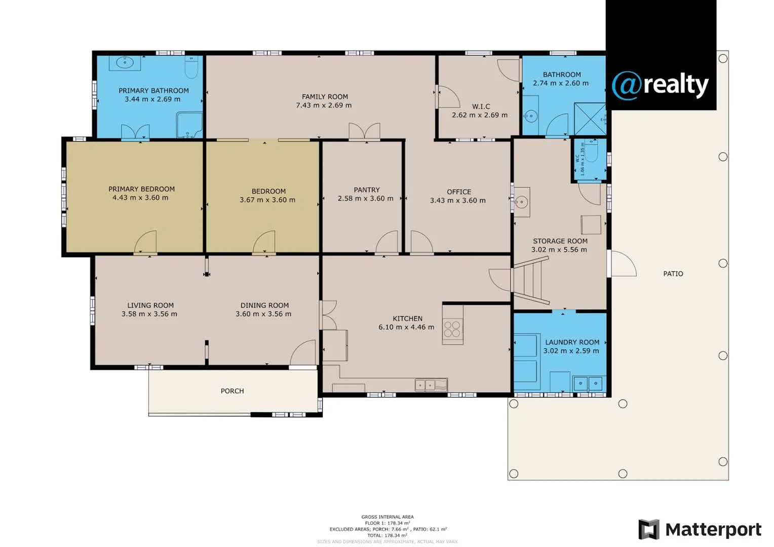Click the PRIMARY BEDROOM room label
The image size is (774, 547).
[141, 189]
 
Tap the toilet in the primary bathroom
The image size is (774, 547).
[191, 67]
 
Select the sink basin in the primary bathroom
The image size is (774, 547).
[125, 63]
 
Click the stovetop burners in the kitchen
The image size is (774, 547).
[452, 329]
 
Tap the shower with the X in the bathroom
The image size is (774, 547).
[590, 119]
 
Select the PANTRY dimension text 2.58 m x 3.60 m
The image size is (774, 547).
[365, 199]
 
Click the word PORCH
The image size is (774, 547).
[232, 391]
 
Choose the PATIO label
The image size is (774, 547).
[673, 273]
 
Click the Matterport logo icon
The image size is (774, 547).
[648, 529]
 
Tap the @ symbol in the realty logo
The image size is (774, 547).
[627, 85]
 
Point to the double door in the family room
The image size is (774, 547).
[364, 132]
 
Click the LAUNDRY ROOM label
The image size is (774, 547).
[572, 342]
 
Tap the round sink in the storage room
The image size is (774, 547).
[521, 202]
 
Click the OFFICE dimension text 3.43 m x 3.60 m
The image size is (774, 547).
[457, 201]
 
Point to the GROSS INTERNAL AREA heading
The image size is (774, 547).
[388, 517]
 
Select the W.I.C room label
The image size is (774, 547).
[481, 106]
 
